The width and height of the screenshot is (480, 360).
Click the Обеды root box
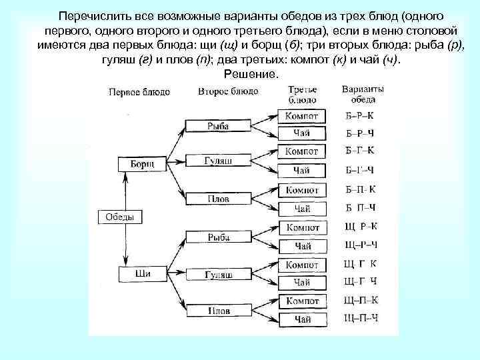(121, 217)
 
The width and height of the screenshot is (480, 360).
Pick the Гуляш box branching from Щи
(217, 275)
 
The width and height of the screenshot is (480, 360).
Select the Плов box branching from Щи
(217, 311)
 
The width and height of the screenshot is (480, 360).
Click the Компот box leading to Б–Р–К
(302, 116)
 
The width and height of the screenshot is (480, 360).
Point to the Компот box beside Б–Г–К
(302, 151)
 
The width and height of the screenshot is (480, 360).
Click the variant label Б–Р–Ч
(361, 133)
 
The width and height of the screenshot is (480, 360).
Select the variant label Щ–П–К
(361, 300)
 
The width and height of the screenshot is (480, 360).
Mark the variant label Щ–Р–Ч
(361, 245)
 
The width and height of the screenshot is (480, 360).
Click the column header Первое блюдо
(139, 92)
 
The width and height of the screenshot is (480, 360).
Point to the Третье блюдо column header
(302, 94)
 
